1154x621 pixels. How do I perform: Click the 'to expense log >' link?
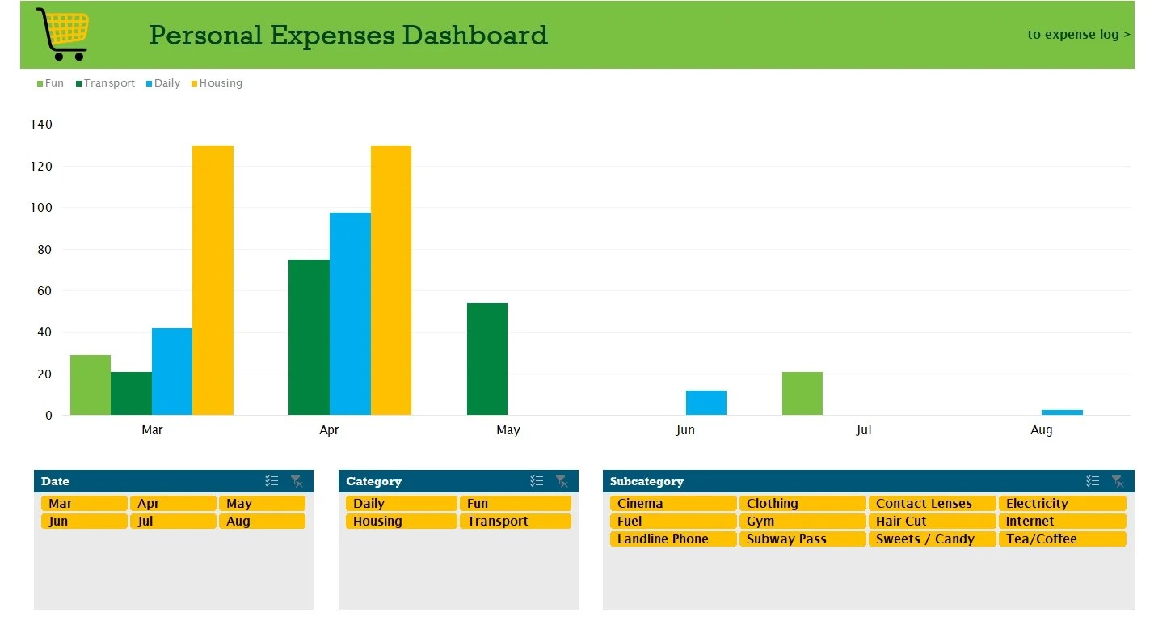coord(1078,35)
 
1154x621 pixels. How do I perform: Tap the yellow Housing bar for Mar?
coord(213,280)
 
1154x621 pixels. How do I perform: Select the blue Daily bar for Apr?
coord(350,314)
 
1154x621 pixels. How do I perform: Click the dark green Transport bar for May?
coord(487,359)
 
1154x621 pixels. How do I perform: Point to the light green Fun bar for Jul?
coord(802,393)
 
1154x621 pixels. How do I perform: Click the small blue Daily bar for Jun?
coord(705,403)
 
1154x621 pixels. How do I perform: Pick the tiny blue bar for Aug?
coord(1062,412)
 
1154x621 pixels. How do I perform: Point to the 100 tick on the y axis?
coord(42,208)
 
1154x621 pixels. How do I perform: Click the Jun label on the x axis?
coord(685,430)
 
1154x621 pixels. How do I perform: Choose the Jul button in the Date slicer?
coord(173,522)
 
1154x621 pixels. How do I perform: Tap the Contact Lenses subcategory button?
coord(931,504)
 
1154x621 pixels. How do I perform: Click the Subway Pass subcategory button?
coord(802,539)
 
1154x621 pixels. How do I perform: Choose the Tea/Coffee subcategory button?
coord(1061,539)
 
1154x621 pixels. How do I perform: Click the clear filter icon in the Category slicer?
coord(562,481)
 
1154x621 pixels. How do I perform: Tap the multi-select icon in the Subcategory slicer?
coord(1093,481)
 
